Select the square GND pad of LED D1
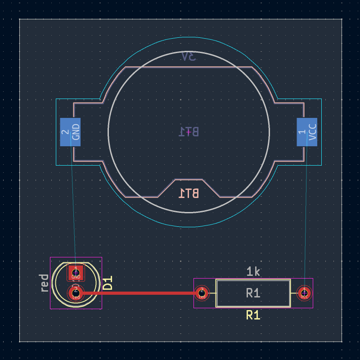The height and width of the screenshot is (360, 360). click(x=76, y=272)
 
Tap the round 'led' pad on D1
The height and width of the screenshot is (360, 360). click(x=76, y=293)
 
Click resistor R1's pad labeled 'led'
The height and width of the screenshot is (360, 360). click(x=202, y=293)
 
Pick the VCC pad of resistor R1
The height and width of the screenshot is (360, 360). click(x=305, y=293)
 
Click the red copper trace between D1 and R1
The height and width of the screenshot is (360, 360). click(x=139, y=293)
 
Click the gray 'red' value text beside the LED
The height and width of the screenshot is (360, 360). click(x=44, y=283)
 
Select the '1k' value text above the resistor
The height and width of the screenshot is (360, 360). click(x=253, y=271)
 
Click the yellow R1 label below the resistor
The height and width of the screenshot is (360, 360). click(x=253, y=315)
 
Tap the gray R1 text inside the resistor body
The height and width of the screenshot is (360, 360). click(x=253, y=293)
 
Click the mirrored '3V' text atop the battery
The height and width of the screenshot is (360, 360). click(x=189, y=57)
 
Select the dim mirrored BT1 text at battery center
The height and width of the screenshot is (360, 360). click(x=189, y=132)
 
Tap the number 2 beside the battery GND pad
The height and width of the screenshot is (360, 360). click(x=64, y=132)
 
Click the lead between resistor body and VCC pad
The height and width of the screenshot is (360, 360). click(x=294, y=293)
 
